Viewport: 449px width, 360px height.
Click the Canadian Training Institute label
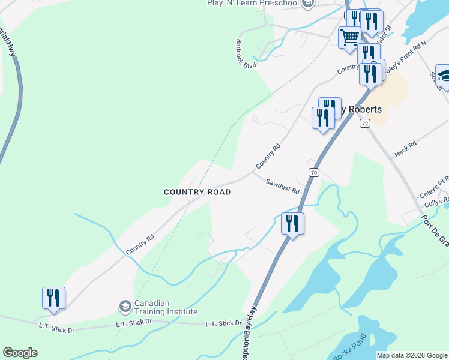click(165, 307)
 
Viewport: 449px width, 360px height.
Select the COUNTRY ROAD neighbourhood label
click(197, 192)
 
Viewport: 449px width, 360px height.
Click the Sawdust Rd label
click(283, 187)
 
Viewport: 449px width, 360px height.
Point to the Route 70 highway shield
click(313, 173)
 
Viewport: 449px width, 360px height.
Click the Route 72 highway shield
click(364, 123)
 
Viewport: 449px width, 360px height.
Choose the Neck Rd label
click(405, 149)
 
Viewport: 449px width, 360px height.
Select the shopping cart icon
click(349, 38)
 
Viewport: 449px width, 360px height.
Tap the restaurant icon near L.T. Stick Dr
click(54, 298)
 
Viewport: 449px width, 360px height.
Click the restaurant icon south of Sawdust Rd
click(292, 224)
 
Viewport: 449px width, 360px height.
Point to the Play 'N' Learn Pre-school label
click(253, 4)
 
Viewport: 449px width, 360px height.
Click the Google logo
click(20, 353)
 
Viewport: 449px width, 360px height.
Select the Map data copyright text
click(412, 355)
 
